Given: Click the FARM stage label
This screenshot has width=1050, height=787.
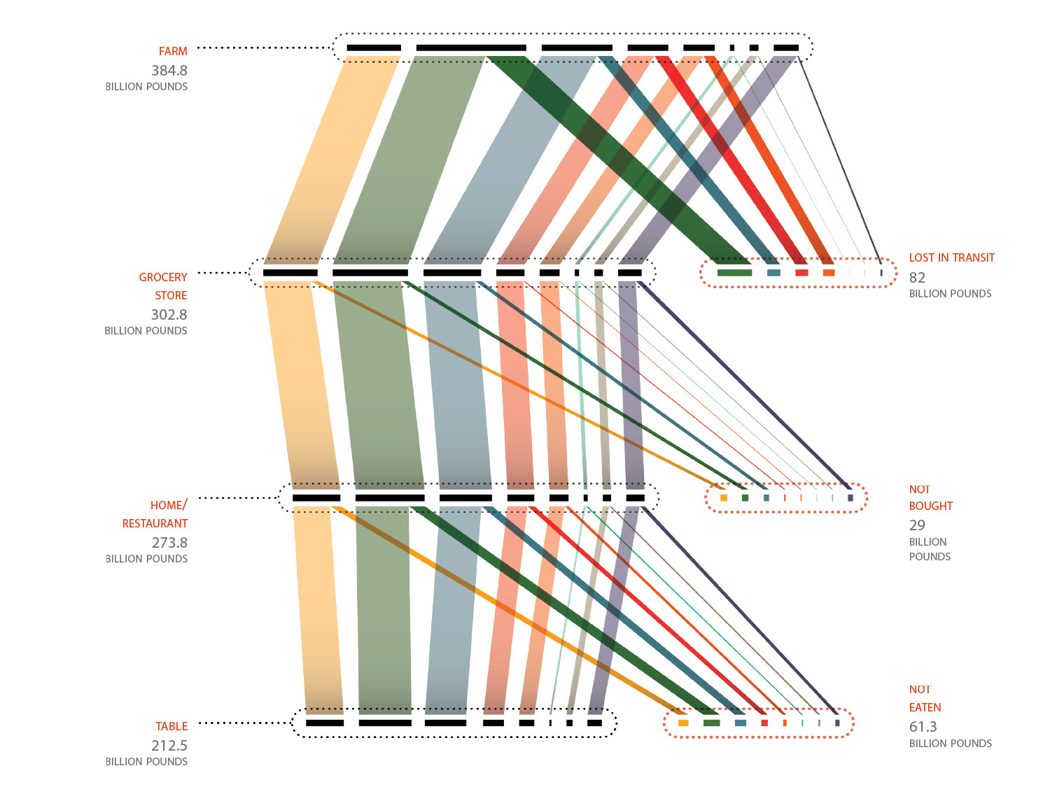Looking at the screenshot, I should tap(173, 52).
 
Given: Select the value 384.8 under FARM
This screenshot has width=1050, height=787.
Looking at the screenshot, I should tap(169, 71).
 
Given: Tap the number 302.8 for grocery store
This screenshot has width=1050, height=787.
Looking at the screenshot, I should tap(169, 315).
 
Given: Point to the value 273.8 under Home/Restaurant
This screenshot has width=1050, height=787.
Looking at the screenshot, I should tap(169, 543).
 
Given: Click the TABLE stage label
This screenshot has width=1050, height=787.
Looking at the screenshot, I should tap(171, 727).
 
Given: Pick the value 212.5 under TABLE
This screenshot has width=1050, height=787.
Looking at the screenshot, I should tap(169, 746).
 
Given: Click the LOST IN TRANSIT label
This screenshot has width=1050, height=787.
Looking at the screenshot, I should tap(951, 258).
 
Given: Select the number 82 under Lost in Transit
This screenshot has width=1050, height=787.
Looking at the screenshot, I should tap(917, 278).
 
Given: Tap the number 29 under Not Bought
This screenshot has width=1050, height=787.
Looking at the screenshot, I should tap(917, 525).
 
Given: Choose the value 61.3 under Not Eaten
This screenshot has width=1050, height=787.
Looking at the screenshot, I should tap(923, 727).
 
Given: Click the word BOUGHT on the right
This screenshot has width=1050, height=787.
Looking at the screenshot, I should tap(931, 506).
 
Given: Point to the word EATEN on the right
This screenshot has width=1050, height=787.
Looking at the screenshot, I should tap(925, 708).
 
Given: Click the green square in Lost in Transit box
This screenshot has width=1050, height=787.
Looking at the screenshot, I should tap(734, 273).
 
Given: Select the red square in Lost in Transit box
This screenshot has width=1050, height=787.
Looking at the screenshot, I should tap(801, 273).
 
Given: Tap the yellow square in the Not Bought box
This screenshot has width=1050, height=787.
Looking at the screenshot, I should tap(724, 498).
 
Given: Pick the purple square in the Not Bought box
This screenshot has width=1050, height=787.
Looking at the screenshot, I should tap(850, 498).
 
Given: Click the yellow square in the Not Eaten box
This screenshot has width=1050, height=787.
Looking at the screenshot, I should tap(683, 723).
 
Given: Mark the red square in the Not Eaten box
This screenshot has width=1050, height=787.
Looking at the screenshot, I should tap(764, 723).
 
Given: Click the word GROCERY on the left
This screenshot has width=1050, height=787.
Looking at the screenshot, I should tap(163, 278).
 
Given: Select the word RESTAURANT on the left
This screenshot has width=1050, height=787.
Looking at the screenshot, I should tap(155, 524).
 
